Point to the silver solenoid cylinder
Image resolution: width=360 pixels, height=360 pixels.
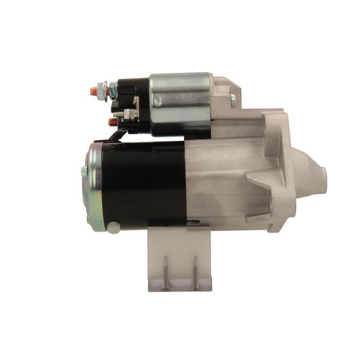coord(180,103)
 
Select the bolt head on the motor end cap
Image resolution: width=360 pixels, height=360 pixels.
coord(84,171)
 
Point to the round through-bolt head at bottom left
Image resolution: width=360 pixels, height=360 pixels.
coord(113,227)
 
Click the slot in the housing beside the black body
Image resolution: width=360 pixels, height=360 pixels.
coord(194,221)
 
